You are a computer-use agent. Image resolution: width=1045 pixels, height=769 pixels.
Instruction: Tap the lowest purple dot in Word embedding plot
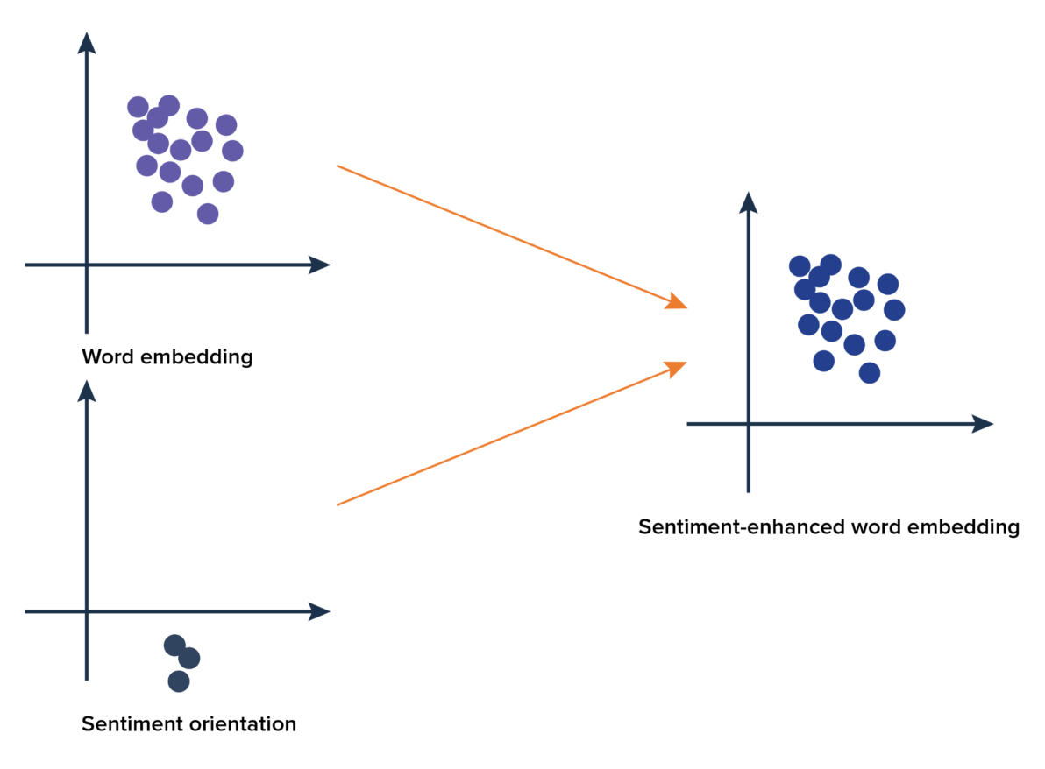[x=208, y=214]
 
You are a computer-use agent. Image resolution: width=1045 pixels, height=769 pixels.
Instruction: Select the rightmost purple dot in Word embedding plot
[x=232, y=151]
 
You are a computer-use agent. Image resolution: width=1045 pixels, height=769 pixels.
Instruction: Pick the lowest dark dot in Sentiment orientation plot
[x=179, y=681]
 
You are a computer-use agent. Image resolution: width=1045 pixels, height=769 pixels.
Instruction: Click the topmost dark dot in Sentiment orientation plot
[x=174, y=646]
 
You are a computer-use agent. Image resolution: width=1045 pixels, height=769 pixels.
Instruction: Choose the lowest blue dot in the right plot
[x=869, y=373]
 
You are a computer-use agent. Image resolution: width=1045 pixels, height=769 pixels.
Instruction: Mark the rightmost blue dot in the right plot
[x=894, y=309]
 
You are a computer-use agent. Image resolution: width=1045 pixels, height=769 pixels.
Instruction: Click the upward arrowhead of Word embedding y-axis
[x=87, y=43]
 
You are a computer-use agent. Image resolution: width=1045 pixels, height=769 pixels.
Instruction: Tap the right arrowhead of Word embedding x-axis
[x=320, y=265]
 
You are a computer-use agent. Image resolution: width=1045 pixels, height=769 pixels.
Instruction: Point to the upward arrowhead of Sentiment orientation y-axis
[x=87, y=391]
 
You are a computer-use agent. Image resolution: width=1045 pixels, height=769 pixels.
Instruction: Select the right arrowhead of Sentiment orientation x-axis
[x=320, y=612]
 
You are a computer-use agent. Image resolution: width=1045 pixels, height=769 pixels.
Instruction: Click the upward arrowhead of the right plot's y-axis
[x=749, y=202]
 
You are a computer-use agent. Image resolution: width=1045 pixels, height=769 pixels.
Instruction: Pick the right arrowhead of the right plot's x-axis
[x=983, y=423]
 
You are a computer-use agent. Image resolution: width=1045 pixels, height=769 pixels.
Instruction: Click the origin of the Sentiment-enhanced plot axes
[x=749, y=423]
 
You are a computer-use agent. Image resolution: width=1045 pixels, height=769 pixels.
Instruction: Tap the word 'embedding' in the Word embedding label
[x=196, y=356]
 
